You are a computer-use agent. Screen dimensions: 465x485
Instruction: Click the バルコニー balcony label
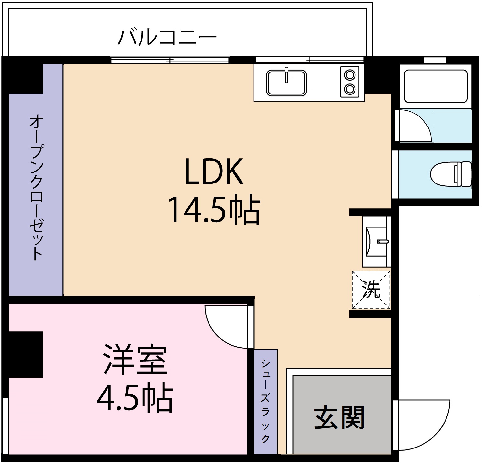(167, 38)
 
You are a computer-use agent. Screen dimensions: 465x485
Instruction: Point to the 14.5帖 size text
(214, 210)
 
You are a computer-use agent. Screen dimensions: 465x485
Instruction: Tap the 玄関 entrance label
(340, 418)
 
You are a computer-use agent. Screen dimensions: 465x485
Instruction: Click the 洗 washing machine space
(371, 289)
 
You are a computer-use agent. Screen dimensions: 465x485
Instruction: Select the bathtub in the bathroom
(434, 86)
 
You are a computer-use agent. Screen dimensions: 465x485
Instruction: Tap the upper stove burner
(350, 75)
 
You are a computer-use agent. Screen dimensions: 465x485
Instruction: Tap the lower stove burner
(350, 88)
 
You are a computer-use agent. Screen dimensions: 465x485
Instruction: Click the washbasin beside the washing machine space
(376, 241)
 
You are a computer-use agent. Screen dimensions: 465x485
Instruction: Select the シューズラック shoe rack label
(265, 401)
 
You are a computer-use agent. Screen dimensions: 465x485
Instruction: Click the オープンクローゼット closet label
(36, 188)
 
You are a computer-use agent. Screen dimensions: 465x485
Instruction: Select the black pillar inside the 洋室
(26, 354)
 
